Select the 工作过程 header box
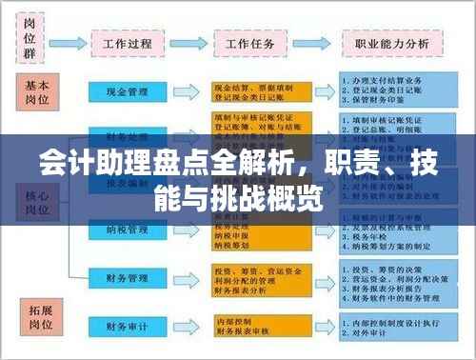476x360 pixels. click(x=129, y=44)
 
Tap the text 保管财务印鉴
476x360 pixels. click(x=383, y=101)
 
